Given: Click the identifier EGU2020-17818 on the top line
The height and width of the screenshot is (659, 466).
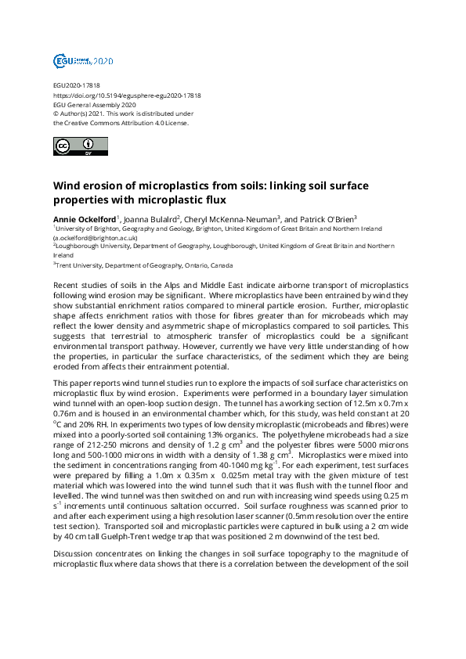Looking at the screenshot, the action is tap(76, 85).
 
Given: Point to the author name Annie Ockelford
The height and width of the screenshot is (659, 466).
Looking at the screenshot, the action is tap(84, 218).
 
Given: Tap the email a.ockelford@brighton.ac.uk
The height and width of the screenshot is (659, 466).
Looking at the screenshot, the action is tap(96, 237).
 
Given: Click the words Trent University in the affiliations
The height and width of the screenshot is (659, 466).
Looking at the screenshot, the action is tap(79, 265).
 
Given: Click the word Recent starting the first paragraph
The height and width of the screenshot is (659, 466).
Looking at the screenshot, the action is tap(69, 287).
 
